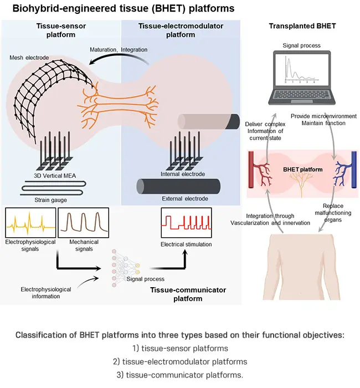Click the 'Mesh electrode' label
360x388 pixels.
pyautogui.click(x=28, y=57)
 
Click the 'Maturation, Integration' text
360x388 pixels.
pyautogui.click(x=119, y=49)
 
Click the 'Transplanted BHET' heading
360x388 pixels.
pyautogui.click(x=302, y=27)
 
